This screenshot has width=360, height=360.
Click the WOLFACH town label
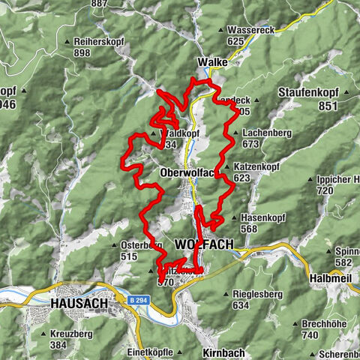[x=203, y=244]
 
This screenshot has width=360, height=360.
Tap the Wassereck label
[x=251, y=30]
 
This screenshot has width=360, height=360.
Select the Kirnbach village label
[x=223, y=351]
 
